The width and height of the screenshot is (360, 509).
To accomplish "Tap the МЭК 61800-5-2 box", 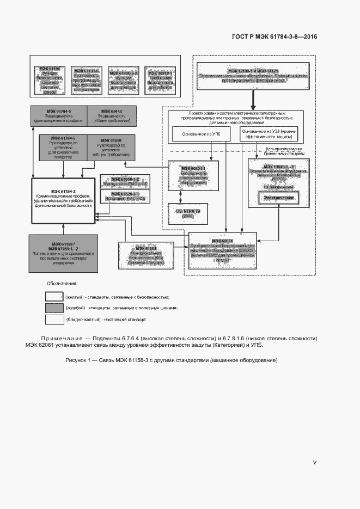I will click(x=123, y=79).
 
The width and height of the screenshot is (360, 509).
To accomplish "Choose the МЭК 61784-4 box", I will click(x=63, y=116).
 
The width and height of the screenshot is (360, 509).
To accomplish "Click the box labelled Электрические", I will click(x=279, y=198).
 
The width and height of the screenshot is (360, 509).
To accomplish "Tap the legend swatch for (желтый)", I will click(x=54, y=297).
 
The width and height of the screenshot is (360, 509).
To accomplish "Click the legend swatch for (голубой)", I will click(x=54, y=308).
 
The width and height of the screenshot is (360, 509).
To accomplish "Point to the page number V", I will click(x=314, y=462).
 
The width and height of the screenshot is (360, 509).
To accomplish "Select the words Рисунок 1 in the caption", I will click(x=80, y=360).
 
